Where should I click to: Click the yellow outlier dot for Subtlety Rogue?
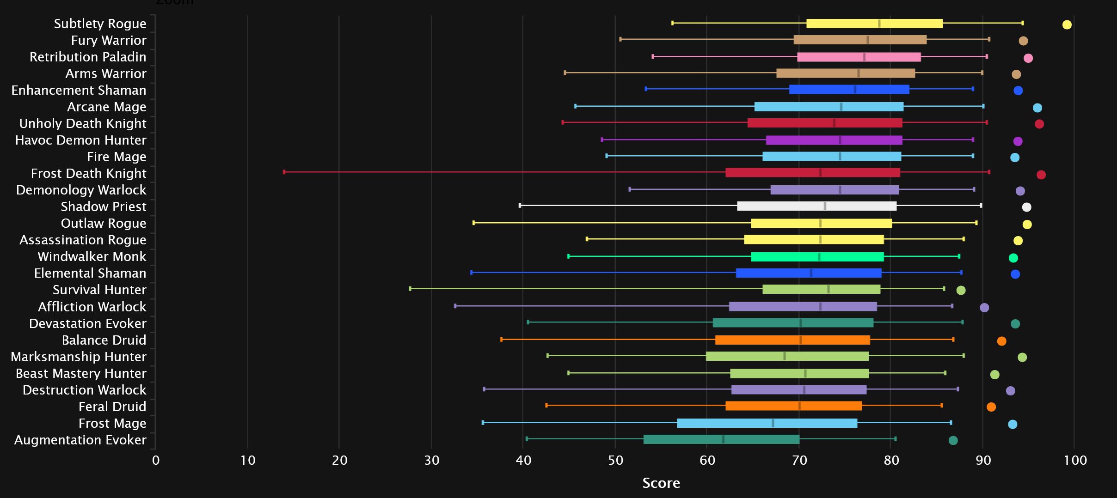[1067, 24]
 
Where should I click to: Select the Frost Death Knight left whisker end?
[284, 172]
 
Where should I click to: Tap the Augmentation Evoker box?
[721, 439]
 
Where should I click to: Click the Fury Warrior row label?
[109, 40]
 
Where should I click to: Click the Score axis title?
[661, 483]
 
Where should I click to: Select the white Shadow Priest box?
[816, 206]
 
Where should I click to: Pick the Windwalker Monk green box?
[817, 257]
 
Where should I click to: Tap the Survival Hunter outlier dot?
[961, 290]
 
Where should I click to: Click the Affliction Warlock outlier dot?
[984, 308]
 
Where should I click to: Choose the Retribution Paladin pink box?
[859, 57]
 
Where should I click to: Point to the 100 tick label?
[1075, 460]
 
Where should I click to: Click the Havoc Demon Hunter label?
[80, 140]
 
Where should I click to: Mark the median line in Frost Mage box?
[773, 423]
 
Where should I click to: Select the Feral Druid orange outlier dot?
[991, 407]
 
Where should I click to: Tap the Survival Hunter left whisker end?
[410, 289]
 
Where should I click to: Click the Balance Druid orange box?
[792, 340]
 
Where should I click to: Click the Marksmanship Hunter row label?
[78, 357]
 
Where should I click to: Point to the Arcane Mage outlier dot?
[1037, 108]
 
